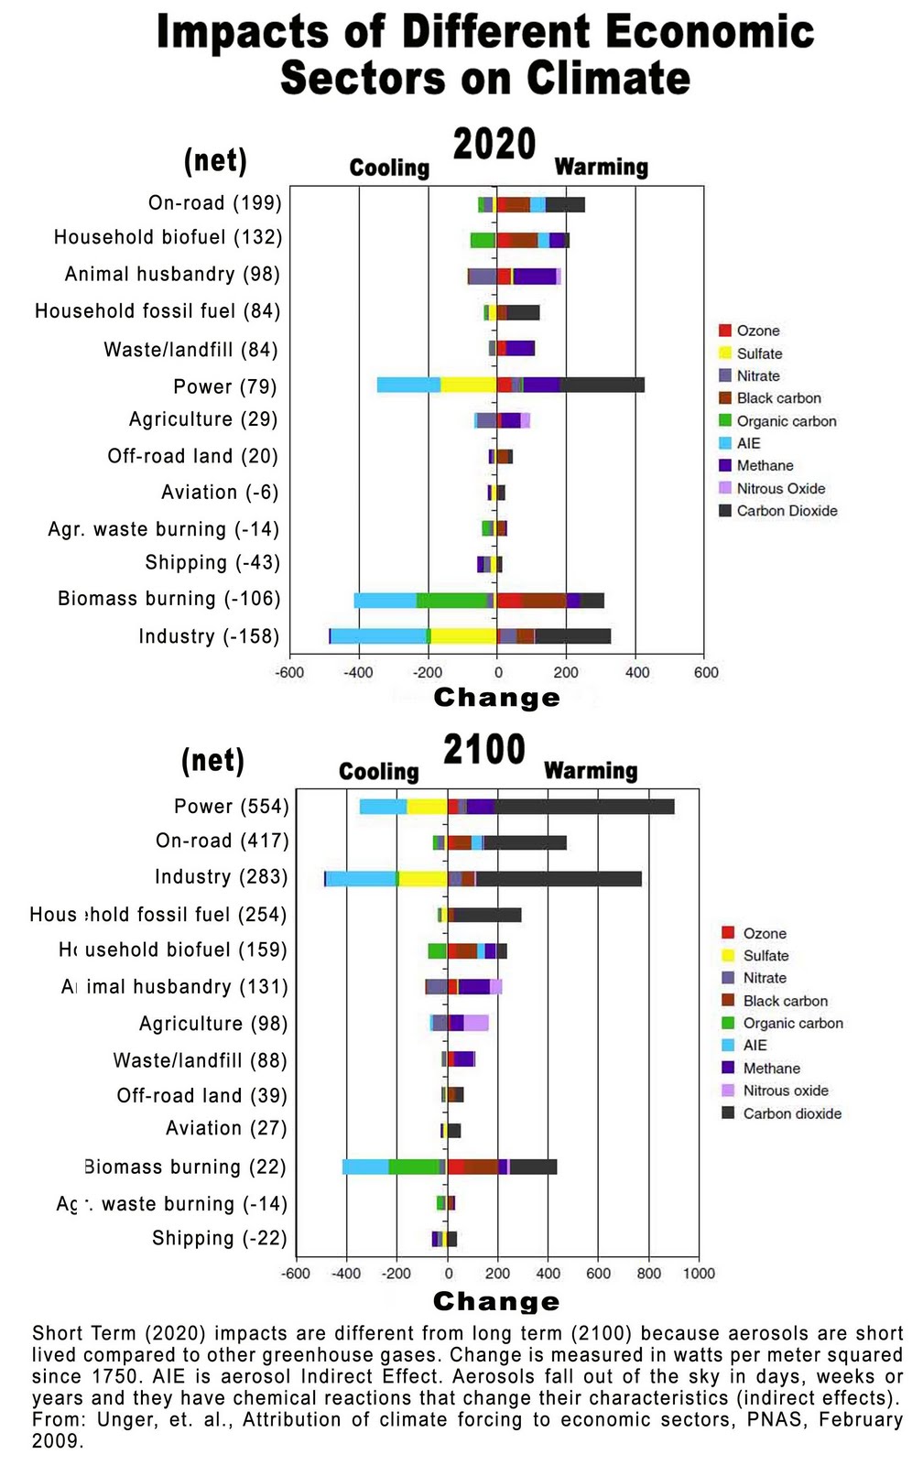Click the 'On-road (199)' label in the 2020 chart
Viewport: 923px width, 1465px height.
(215, 202)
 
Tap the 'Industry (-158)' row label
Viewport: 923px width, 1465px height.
(209, 636)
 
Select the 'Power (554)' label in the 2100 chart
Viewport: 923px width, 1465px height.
(232, 806)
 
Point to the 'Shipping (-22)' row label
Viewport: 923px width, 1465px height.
(220, 1238)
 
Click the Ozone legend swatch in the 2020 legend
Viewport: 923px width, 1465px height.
(725, 331)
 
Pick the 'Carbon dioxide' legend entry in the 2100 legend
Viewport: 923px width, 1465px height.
(792, 1113)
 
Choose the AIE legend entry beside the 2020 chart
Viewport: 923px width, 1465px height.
(748, 443)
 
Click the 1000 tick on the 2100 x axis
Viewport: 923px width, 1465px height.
(699, 1274)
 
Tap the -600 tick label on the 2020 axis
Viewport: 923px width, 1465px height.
(290, 673)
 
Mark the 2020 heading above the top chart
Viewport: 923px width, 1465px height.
(494, 145)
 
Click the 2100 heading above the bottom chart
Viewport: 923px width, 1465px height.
(484, 749)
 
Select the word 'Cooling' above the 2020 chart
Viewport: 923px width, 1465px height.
(389, 168)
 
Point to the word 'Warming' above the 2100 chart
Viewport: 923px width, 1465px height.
(591, 771)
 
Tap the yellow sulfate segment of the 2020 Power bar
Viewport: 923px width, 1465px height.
(468, 385)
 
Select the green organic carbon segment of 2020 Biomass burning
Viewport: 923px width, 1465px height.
(451, 601)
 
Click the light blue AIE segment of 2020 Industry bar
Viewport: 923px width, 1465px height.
(378, 636)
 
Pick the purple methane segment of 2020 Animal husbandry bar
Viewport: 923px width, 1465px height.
(535, 277)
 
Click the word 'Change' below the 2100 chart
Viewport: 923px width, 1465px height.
(496, 1301)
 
